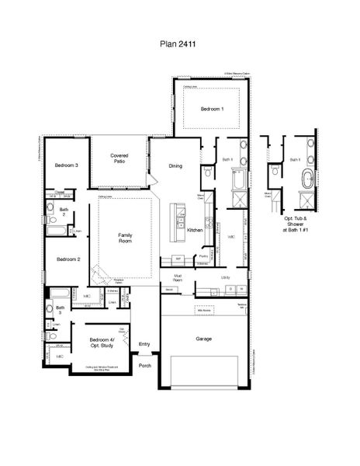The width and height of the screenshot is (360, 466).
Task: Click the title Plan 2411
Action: point(180,46)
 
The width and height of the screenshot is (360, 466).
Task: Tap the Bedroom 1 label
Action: point(212,110)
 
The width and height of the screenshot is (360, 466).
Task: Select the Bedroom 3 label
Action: point(66,165)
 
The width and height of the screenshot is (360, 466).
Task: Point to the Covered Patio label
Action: point(119,158)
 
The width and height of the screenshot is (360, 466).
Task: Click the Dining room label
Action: point(175,165)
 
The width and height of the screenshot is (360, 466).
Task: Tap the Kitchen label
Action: point(195,231)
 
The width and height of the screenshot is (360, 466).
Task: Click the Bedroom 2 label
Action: point(66,259)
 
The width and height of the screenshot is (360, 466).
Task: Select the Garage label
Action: point(204,339)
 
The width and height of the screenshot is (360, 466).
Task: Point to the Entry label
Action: point(144,344)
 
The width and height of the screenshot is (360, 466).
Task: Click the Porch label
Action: point(144,364)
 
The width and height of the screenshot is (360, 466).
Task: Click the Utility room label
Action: point(226,276)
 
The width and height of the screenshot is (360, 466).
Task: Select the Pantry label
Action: point(202,256)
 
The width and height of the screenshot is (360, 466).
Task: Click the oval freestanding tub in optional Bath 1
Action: point(309,180)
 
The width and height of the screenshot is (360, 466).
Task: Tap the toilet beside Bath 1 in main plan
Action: point(207,172)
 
